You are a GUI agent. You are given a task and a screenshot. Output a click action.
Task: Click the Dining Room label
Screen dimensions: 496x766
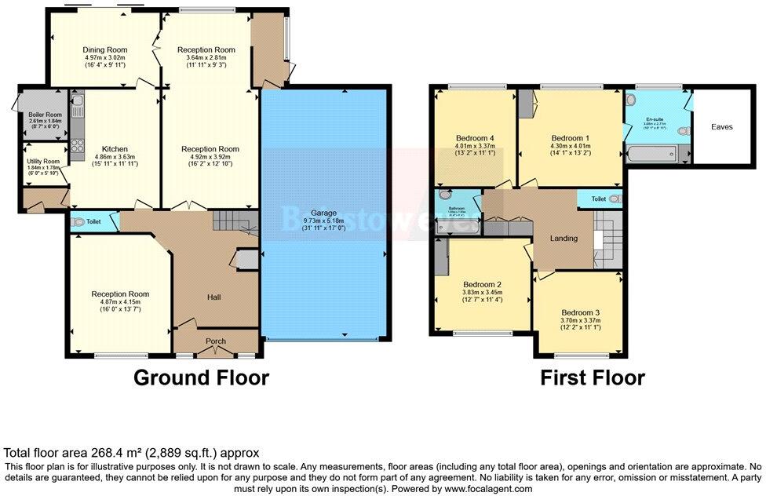pos(106,50)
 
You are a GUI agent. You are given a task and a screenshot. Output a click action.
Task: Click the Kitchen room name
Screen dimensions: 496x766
pos(115,148)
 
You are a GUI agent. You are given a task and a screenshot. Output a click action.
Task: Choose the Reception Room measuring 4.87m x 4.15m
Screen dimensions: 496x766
pos(120,294)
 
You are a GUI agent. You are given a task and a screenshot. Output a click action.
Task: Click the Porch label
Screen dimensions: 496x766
pos(216,341)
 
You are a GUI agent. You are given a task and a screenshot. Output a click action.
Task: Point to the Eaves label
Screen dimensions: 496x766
pos(721,126)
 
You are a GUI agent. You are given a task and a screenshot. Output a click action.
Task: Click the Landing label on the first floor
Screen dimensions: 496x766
pos(564,239)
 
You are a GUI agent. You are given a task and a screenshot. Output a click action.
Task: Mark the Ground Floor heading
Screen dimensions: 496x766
pos(201,377)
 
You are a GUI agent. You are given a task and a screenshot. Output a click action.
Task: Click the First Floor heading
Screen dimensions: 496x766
pos(593,377)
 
